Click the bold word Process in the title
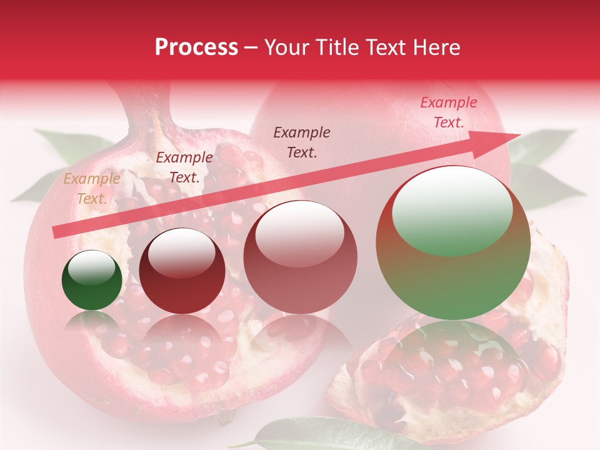pos(196,47)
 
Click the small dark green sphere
pos(92,281)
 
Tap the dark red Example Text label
pos(184,167)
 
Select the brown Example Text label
pos(302,142)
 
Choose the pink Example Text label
pos(449,112)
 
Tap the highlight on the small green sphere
pos(92,267)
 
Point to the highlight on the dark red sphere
pos(181,252)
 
